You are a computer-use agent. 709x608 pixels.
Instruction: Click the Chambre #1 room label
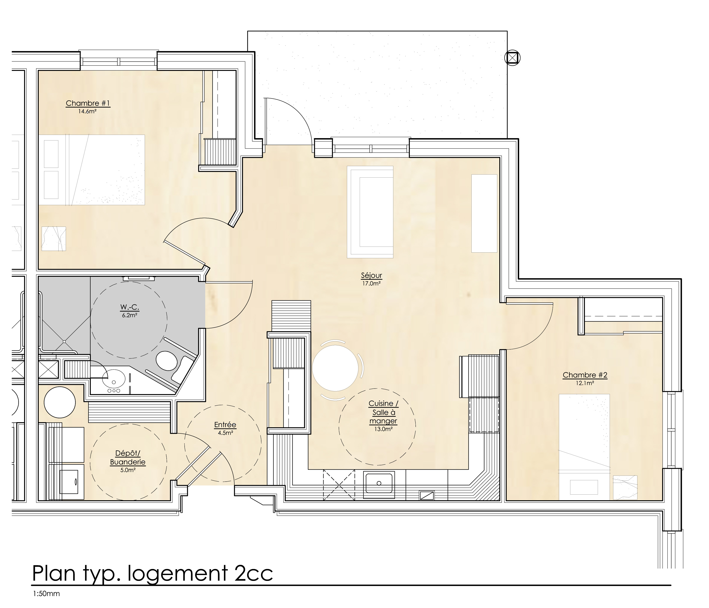click(x=88, y=103)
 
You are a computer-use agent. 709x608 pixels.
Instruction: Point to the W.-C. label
click(x=129, y=307)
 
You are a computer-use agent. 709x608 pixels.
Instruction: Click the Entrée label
click(x=225, y=425)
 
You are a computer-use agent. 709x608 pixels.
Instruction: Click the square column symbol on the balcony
click(x=512, y=58)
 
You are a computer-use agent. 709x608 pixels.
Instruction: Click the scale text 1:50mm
click(x=46, y=594)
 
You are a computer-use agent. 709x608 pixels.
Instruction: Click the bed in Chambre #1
click(x=91, y=170)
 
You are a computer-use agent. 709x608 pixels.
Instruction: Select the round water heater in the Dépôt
click(x=59, y=402)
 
